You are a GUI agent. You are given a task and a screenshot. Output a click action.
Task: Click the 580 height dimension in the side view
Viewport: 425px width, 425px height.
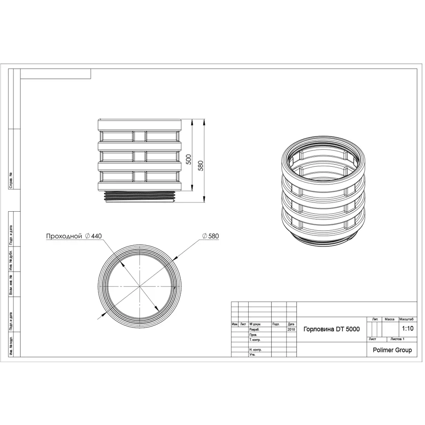click(x=200, y=166)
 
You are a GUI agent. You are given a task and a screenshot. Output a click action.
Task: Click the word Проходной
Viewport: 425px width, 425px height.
click(x=64, y=236)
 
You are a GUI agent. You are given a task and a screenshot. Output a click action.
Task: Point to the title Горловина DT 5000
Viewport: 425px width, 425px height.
click(x=331, y=329)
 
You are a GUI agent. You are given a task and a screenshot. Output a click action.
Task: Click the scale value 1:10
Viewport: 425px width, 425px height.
click(x=407, y=328)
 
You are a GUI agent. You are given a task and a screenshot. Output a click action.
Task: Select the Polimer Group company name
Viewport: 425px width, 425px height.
click(x=392, y=350)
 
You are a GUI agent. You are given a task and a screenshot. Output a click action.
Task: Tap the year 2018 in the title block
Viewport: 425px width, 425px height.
click(x=291, y=329)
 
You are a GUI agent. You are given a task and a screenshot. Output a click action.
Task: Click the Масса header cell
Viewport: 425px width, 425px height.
click(x=389, y=319)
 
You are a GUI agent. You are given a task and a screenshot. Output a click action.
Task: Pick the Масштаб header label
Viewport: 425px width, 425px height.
click(x=407, y=319)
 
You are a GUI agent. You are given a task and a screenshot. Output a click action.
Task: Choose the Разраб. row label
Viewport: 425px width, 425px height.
click(x=255, y=329)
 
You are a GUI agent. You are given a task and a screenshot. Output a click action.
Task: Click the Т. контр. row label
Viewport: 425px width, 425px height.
click(x=256, y=340)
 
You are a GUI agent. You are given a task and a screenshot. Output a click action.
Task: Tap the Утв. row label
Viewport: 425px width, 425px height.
click(x=253, y=354)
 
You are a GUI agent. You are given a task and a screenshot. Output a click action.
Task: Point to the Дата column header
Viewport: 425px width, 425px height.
click(x=291, y=324)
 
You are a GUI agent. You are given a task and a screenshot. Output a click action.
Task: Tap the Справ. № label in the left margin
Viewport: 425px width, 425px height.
click(x=11, y=180)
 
